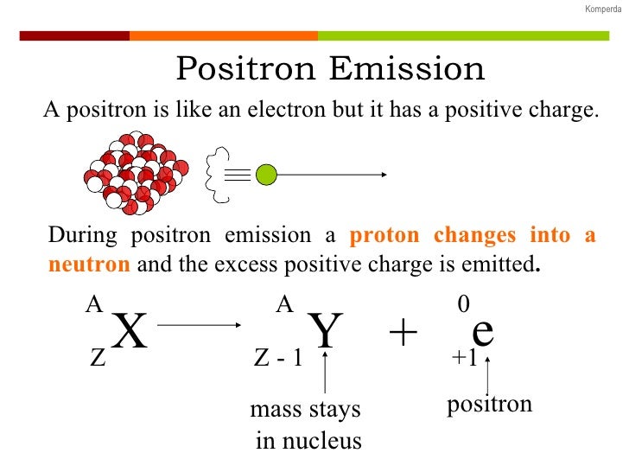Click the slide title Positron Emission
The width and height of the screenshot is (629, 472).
tap(330, 69)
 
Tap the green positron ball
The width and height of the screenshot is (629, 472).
tap(265, 175)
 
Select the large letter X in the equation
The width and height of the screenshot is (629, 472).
tap(130, 333)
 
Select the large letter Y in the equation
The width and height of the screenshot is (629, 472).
tap(325, 333)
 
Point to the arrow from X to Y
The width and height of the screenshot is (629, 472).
tap(200, 325)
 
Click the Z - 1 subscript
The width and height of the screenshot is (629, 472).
tap(278, 359)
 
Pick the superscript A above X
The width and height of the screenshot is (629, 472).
tap(93, 304)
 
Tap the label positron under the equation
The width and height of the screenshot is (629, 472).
tap(489, 405)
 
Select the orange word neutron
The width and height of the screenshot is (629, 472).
tap(89, 265)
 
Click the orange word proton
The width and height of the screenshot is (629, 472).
tap(386, 236)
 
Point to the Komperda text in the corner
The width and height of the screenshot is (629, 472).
tap(601, 9)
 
